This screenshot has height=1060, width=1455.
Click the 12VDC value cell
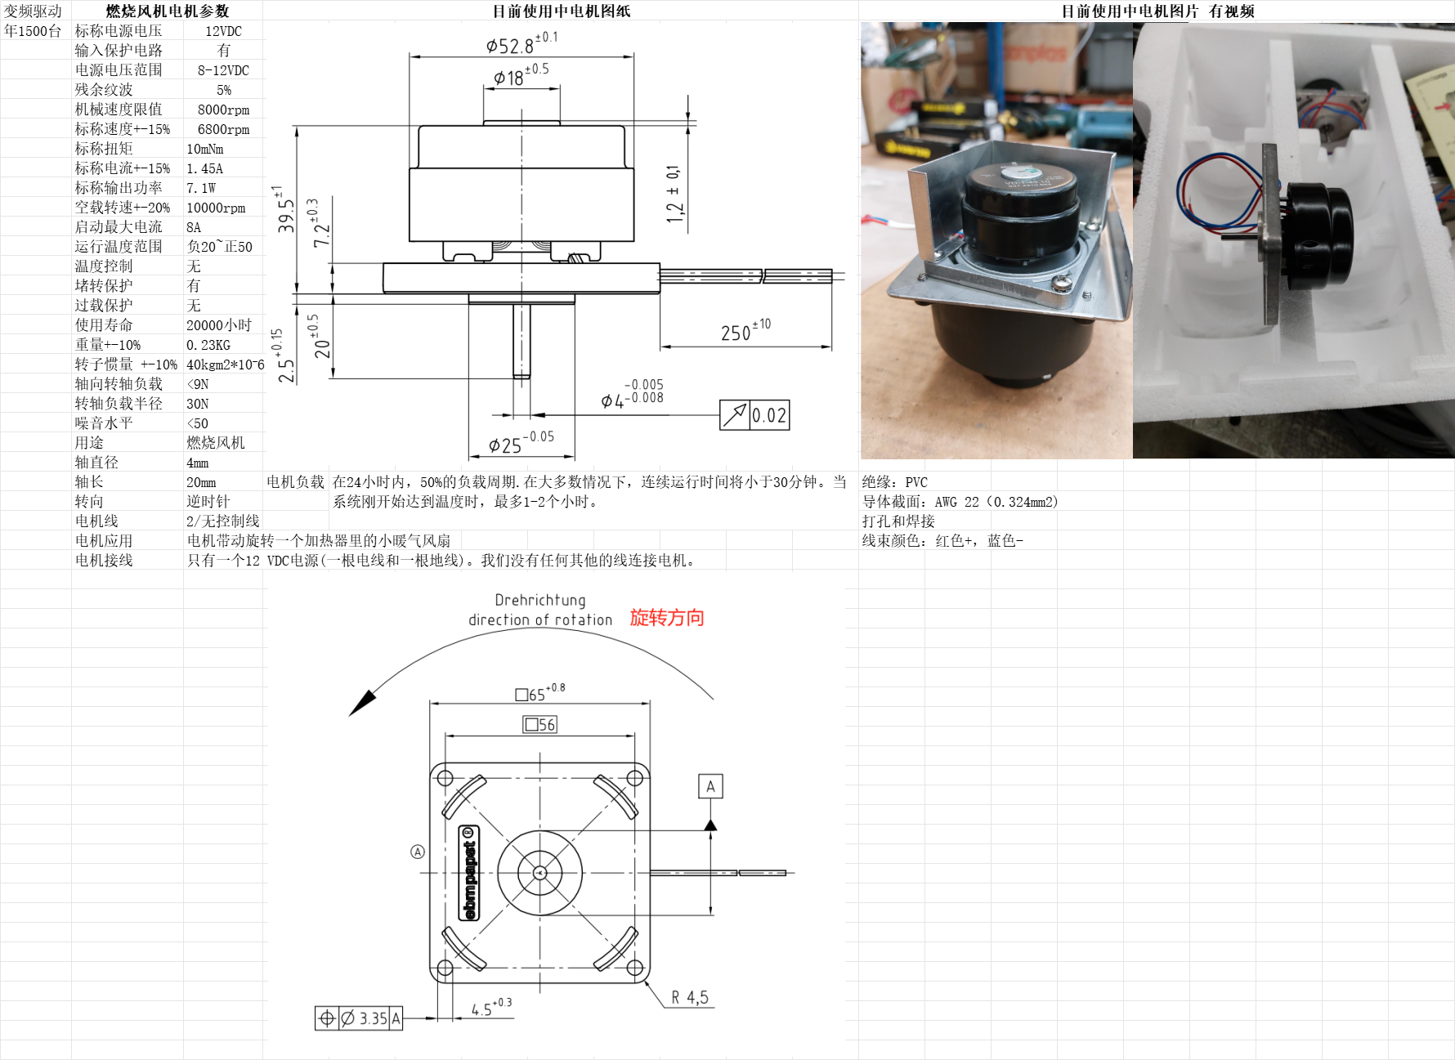click(x=223, y=31)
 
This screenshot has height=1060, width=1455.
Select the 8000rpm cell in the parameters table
click(x=223, y=110)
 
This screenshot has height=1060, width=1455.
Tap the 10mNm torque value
click(x=204, y=149)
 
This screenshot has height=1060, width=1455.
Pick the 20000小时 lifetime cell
click(x=218, y=325)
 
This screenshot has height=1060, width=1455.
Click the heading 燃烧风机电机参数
click(x=168, y=11)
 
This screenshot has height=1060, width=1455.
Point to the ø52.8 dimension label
click(x=522, y=43)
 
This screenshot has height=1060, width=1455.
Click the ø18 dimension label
click(x=521, y=75)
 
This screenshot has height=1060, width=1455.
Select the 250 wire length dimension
click(x=745, y=330)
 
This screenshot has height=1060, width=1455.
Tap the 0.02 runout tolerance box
click(x=754, y=415)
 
